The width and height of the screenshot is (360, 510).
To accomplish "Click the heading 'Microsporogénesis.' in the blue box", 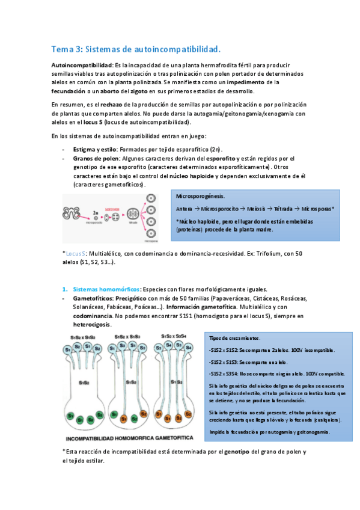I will click(x=201, y=196).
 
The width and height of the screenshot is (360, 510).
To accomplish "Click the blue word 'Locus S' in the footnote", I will click(x=76, y=254).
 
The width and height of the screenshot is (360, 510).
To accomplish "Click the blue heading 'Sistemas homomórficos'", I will click(x=105, y=288).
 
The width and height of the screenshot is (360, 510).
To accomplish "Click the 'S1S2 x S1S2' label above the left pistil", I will click(x=87, y=337).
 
